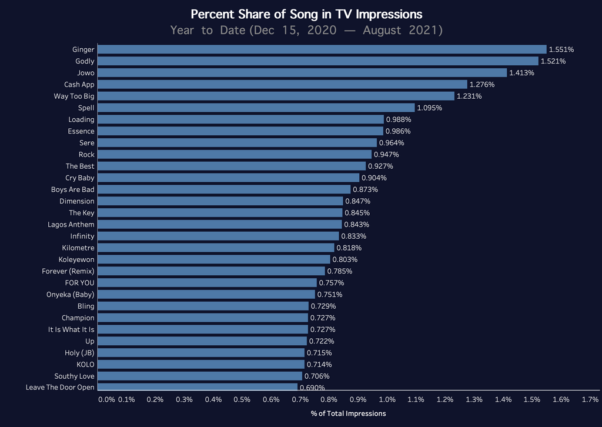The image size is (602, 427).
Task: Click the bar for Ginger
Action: [322, 49]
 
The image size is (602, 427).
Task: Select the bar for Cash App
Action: [282, 85]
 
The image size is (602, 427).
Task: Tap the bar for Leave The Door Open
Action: [198, 387]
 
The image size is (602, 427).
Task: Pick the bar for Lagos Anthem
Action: [220, 225]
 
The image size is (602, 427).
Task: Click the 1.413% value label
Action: [521, 73]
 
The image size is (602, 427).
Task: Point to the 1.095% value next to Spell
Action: [429, 108]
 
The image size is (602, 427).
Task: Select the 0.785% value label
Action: [339, 271]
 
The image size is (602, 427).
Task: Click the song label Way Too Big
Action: [74, 96]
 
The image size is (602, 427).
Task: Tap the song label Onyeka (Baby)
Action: [71, 294]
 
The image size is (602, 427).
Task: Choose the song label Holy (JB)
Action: [79, 353]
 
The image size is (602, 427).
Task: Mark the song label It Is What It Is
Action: [71, 329]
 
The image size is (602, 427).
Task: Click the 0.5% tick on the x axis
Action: [242, 400]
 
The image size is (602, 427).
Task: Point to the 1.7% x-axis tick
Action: [590, 400]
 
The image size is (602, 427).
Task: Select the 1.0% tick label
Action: [387, 400]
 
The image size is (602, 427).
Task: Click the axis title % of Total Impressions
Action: [349, 413]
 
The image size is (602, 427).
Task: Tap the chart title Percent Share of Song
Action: [306, 14]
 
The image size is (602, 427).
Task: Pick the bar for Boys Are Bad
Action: [224, 189]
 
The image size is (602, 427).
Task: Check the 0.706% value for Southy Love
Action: [317, 376]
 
